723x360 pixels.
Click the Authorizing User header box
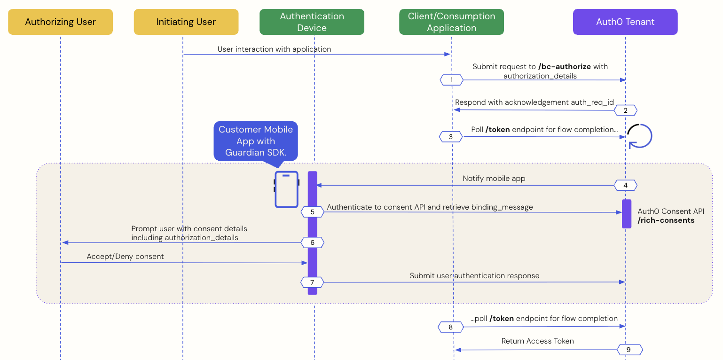[60, 22]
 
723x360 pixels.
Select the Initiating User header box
[186, 22]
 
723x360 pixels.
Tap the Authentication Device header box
[312, 22]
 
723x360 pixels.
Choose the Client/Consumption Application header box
[451, 22]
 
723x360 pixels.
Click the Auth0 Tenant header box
[625, 22]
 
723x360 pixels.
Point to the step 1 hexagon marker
[451, 80]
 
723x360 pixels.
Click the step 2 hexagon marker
[625, 110]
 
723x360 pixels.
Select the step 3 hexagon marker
[451, 137]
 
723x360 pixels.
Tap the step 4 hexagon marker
[626, 186]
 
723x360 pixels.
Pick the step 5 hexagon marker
[313, 212]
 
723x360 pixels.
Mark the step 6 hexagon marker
[313, 243]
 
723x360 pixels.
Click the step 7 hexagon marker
[313, 282]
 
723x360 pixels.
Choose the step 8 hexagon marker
[450, 327]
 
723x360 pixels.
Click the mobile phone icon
[287, 189]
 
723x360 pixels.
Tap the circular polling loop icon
[639, 136]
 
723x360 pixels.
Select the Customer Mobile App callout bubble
[256, 141]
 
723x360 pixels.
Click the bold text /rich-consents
[666, 220]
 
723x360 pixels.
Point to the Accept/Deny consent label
[125, 257]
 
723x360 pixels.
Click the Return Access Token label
[537, 341]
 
